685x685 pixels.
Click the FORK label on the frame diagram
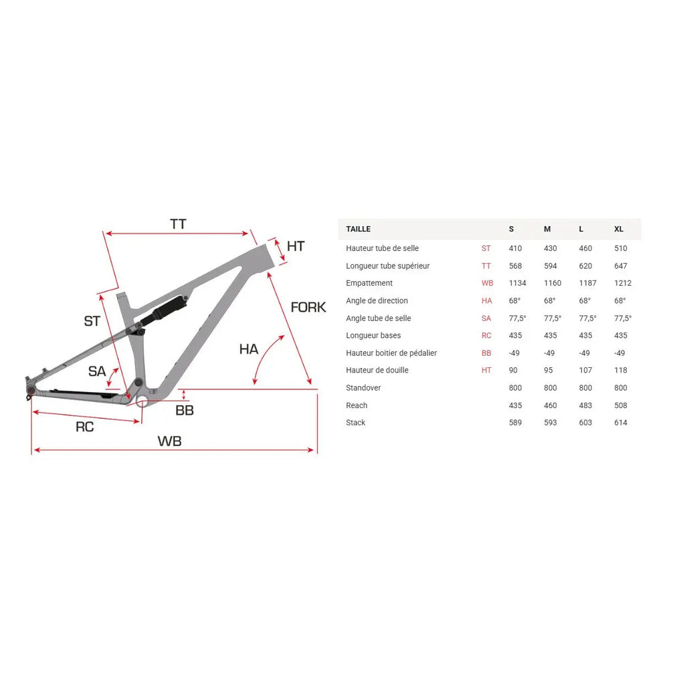308,307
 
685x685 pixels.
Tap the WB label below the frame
169,442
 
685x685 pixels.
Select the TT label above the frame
178,224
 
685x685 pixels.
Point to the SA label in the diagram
97,371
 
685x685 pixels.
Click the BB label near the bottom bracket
185,410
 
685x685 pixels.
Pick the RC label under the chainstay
85,427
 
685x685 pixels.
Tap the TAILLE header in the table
359,229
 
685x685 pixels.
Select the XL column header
619,229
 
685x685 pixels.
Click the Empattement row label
369,283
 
